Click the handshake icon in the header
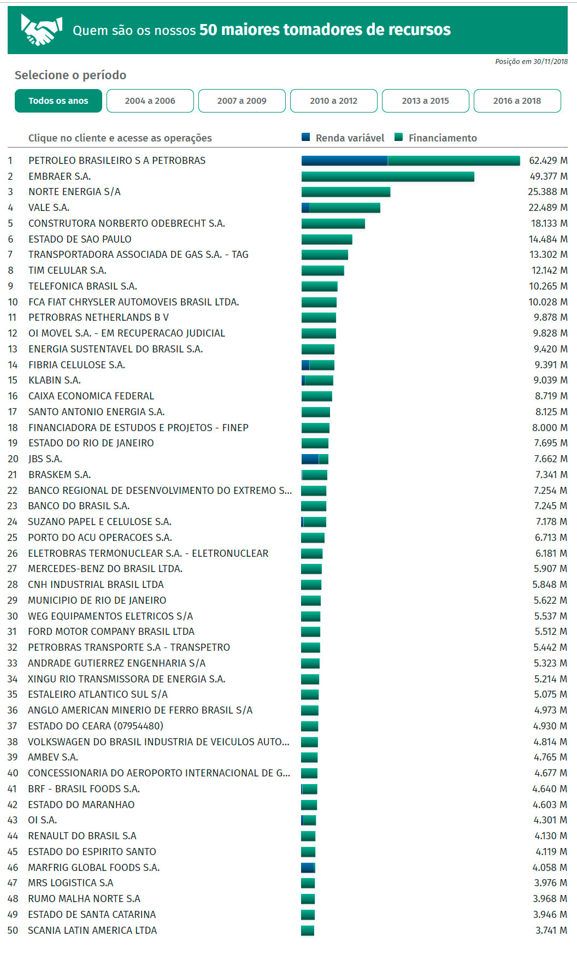41,30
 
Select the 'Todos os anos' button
58,101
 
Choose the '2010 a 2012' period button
334,101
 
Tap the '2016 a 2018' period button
517,101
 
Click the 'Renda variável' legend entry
343,138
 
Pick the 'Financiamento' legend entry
436,138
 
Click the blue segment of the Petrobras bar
344,161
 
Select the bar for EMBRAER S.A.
388,176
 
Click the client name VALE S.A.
49,208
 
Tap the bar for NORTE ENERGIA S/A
346,192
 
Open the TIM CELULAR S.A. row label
67,270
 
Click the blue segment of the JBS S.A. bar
310,459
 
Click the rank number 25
12,538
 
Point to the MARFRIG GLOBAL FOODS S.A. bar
308,868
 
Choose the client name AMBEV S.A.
53,757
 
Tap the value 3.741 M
551,930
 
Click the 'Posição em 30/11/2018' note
531,62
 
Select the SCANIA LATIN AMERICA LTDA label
92,930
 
